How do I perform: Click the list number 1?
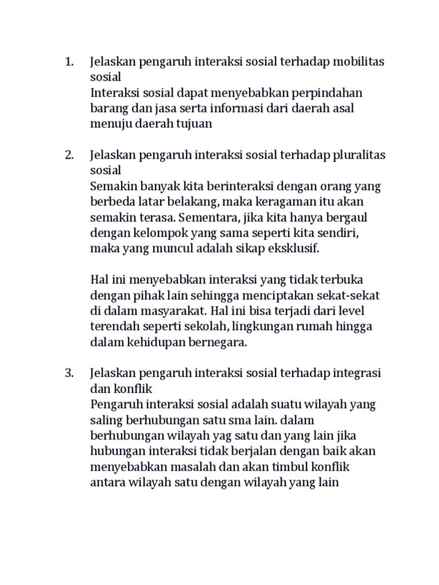click(x=70, y=62)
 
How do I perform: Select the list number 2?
click(x=70, y=155)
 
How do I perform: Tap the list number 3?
click(x=70, y=373)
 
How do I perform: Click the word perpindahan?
click(x=326, y=93)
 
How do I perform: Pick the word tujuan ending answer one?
click(x=193, y=123)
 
